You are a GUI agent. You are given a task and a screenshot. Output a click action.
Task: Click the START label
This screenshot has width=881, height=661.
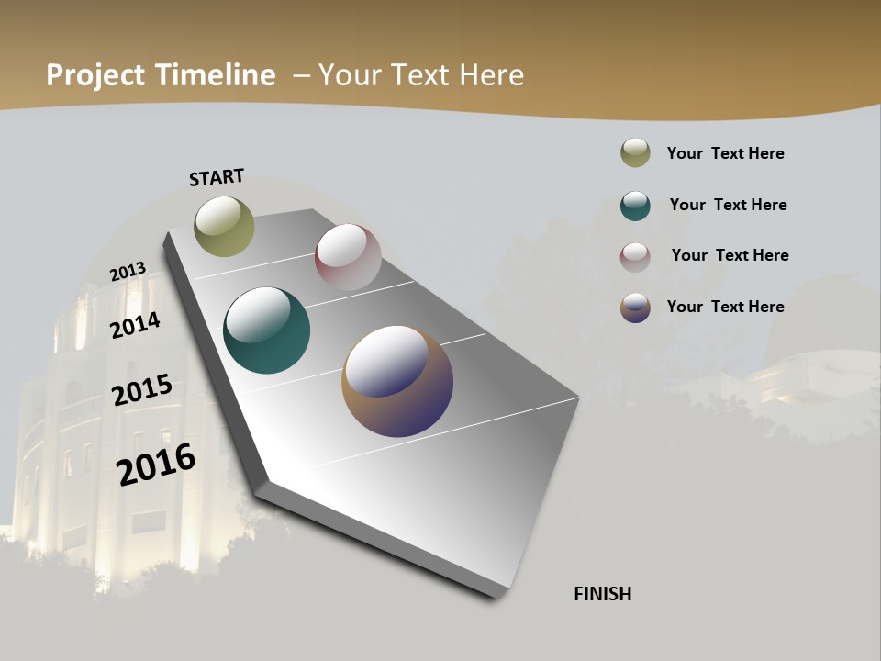[217, 177]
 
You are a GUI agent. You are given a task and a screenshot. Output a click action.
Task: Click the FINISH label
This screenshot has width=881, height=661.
[603, 594]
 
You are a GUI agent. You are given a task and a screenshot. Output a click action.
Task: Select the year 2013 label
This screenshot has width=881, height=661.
[128, 272]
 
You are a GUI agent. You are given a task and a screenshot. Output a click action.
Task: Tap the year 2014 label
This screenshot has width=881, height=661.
[135, 325]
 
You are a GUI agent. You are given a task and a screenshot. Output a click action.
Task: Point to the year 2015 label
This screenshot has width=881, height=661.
[142, 390]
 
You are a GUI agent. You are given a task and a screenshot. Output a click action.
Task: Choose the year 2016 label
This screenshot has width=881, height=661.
[156, 464]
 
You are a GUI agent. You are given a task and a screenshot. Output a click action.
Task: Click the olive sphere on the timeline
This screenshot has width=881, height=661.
[224, 226]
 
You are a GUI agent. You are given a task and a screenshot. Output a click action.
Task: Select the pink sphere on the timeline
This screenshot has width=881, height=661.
[348, 257]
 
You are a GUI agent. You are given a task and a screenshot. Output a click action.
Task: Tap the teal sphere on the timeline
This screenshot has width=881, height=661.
[266, 330]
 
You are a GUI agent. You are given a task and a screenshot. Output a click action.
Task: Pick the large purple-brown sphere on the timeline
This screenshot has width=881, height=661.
[397, 381]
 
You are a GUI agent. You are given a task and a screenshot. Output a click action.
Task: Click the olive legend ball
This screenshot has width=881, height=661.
[635, 153]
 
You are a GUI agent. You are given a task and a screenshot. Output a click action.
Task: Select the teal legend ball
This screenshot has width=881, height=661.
[635, 206]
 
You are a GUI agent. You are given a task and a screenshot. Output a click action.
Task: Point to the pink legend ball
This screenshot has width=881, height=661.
[635, 257]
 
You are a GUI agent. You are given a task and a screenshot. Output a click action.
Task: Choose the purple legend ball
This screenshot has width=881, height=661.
[635, 308]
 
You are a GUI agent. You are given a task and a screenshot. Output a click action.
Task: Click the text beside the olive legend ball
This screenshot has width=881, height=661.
[725, 153]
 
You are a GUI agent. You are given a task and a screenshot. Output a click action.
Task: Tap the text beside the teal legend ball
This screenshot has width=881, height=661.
[728, 205]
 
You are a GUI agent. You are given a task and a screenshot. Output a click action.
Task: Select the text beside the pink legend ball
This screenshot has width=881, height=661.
[730, 255]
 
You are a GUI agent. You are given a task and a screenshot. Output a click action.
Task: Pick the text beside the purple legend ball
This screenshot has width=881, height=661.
[725, 307]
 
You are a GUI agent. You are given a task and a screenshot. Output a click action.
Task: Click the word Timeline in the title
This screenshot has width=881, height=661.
[216, 75]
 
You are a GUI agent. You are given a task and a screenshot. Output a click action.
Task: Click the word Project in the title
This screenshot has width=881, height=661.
[96, 75]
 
